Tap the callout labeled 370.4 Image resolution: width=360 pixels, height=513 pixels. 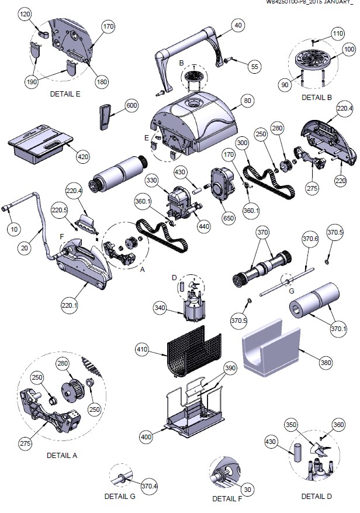coord(150,485)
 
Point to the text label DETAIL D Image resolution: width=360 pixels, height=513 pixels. coord(316,496)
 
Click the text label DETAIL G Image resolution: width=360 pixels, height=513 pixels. coord(120,496)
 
